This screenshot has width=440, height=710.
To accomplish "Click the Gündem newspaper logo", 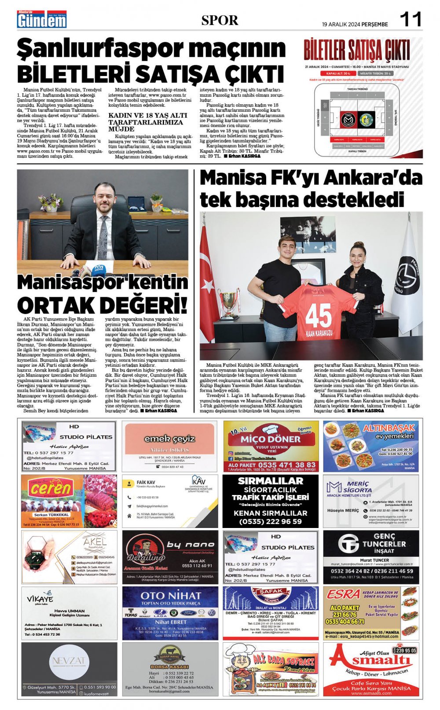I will coord(42,20).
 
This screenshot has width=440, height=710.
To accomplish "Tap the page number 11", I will coord(410,20).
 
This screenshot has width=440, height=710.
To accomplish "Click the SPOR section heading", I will coord(220,20).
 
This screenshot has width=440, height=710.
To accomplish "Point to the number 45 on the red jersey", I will coord(319,315).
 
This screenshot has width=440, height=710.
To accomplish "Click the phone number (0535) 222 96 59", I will coord(270,521).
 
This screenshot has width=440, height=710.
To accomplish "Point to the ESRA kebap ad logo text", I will coord(343,594).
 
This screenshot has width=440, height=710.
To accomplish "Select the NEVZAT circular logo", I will coord(69,661).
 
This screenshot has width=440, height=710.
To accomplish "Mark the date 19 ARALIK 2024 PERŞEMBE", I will coord(355,25).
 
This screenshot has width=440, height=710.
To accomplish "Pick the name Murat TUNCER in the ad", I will coord(374,560).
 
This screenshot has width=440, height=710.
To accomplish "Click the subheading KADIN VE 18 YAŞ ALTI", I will coord(147,115).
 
